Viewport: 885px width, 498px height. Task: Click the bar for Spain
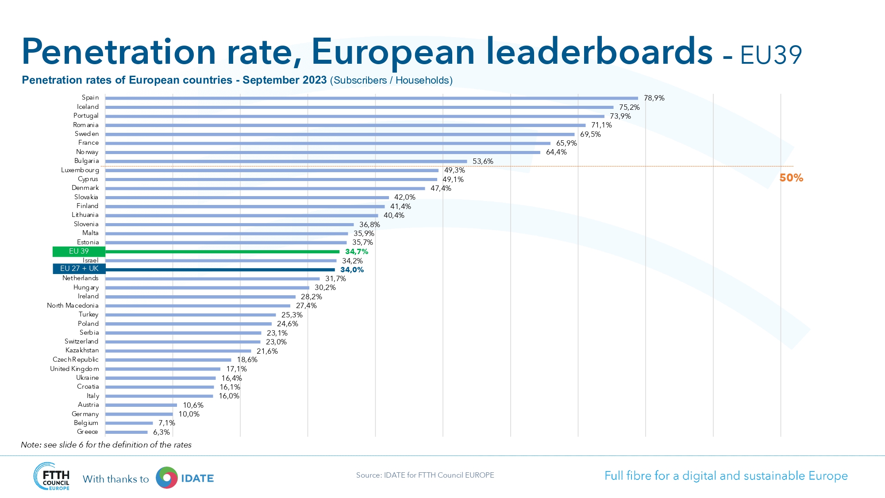(x=372, y=98)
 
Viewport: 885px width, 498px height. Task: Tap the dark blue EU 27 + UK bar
(x=220, y=270)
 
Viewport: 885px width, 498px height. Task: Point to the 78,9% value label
(x=654, y=98)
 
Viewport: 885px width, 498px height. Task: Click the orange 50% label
(x=791, y=178)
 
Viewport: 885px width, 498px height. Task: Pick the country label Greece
(x=88, y=432)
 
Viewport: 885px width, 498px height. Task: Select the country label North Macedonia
(x=73, y=305)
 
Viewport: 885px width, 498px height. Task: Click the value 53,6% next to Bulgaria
(x=483, y=161)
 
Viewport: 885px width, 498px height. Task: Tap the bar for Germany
(x=139, y=414)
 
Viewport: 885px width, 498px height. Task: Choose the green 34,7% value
(x=357, y=251)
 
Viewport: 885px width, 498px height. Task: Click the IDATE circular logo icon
(x=167, y=478)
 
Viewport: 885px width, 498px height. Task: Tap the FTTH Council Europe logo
(x=52, y=476)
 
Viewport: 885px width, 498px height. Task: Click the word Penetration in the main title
(x=119, y=52)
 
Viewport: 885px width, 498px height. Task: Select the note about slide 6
(x=106, y=444)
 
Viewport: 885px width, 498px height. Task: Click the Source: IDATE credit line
(x=425, y=475)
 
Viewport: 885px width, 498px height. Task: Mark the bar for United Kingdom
(x=163, y=369)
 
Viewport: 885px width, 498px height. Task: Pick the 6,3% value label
(x=162, y=432)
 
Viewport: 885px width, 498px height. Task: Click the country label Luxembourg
(x=80, y=170)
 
